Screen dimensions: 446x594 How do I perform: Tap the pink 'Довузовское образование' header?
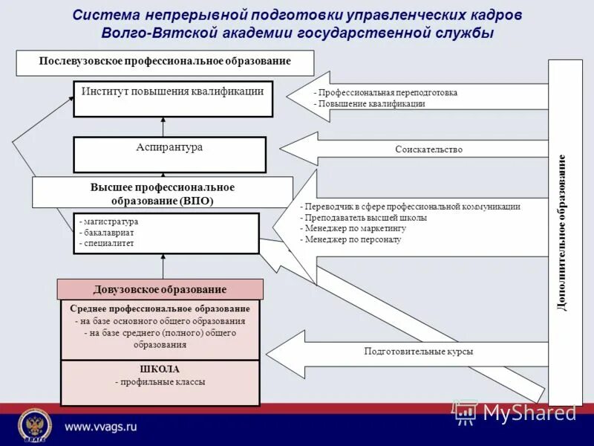click(160, 289)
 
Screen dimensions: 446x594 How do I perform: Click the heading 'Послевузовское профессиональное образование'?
click(165, 62)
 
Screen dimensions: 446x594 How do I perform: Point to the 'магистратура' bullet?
click(110, 222)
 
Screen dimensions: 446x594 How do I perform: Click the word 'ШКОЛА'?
click(160, 369)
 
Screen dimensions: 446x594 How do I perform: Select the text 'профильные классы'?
click(160, 382)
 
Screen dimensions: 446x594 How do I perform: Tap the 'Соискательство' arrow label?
click(428, 149)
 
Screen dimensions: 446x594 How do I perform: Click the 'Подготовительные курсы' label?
click(418, 352)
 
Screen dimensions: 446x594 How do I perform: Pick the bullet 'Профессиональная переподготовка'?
click(387, 93)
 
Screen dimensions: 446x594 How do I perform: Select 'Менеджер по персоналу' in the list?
click(352, 240)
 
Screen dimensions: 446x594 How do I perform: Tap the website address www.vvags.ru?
click(101, 426)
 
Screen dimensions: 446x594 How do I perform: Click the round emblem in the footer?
click(34, 426)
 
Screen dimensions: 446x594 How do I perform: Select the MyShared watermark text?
click(529, 413)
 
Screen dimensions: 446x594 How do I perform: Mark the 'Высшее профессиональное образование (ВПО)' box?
click(163, 193)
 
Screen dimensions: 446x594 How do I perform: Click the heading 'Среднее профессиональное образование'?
click(160, 308)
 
